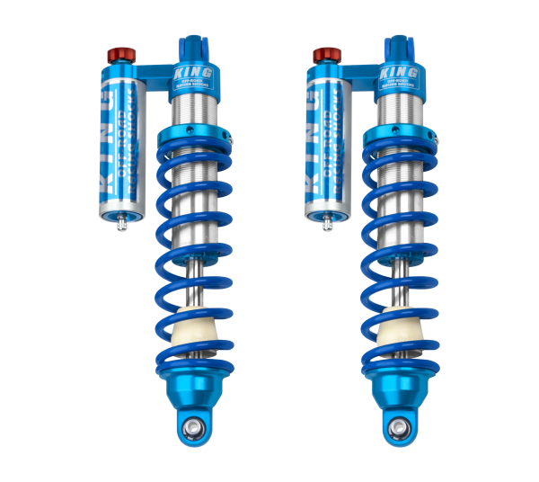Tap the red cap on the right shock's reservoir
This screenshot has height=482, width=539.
[322, 57]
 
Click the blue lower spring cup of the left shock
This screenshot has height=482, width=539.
[193, 387]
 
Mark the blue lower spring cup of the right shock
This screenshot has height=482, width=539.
[399, 387]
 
